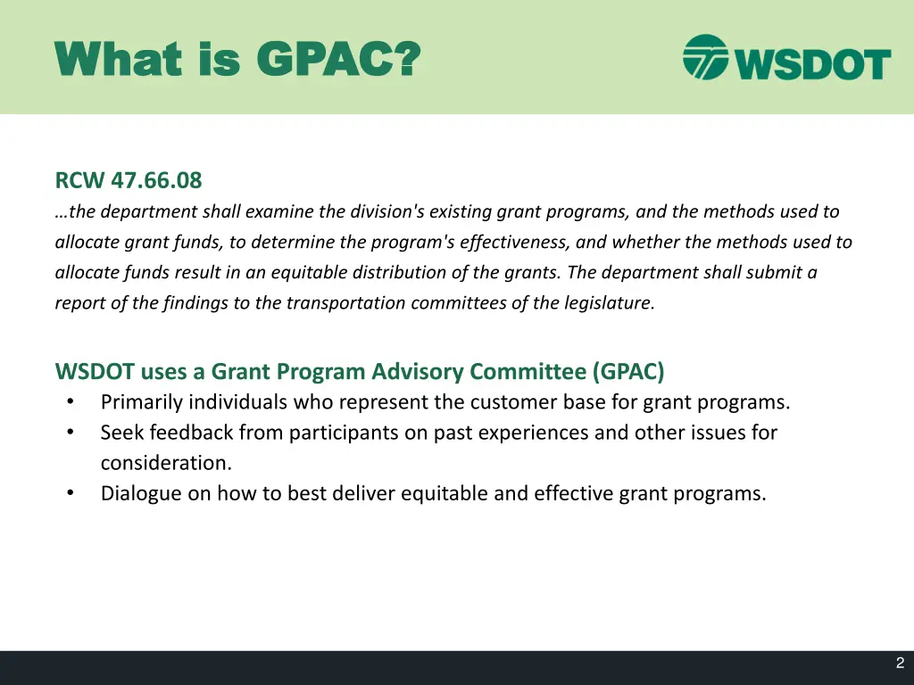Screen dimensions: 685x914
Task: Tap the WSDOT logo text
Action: [x=811, y=62]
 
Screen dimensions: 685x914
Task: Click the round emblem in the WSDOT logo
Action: [x=706, y=57]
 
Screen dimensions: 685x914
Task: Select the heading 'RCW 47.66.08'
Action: [x=129, y=181]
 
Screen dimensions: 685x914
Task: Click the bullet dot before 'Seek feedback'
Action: [x=70, y=433]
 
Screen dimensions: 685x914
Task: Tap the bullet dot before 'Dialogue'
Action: [x=70, y=493]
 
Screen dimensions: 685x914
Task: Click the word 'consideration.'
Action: [x=166, y=463]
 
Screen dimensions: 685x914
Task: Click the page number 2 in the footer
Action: [x=900, y=664]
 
